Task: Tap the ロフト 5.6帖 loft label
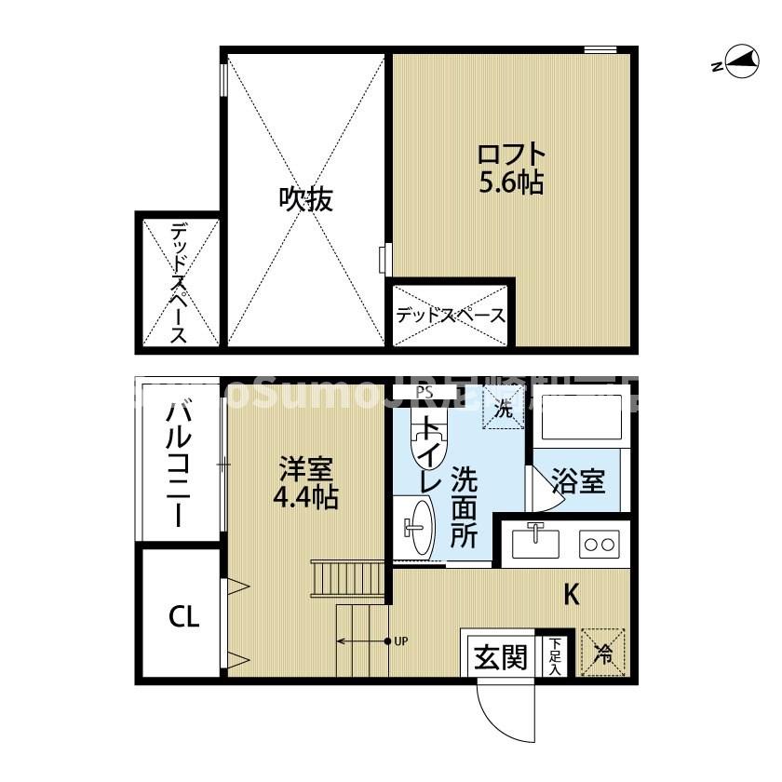click(511, 168)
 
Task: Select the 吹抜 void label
click(305, 199)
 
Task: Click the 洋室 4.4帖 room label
click(305, 483)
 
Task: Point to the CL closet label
click(183, 616)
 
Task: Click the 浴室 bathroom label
click(578, 482)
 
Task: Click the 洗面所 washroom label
click(464, 507)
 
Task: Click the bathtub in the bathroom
click(580, 420)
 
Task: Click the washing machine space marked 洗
click(502, 408)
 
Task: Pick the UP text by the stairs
click(401, 640)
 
